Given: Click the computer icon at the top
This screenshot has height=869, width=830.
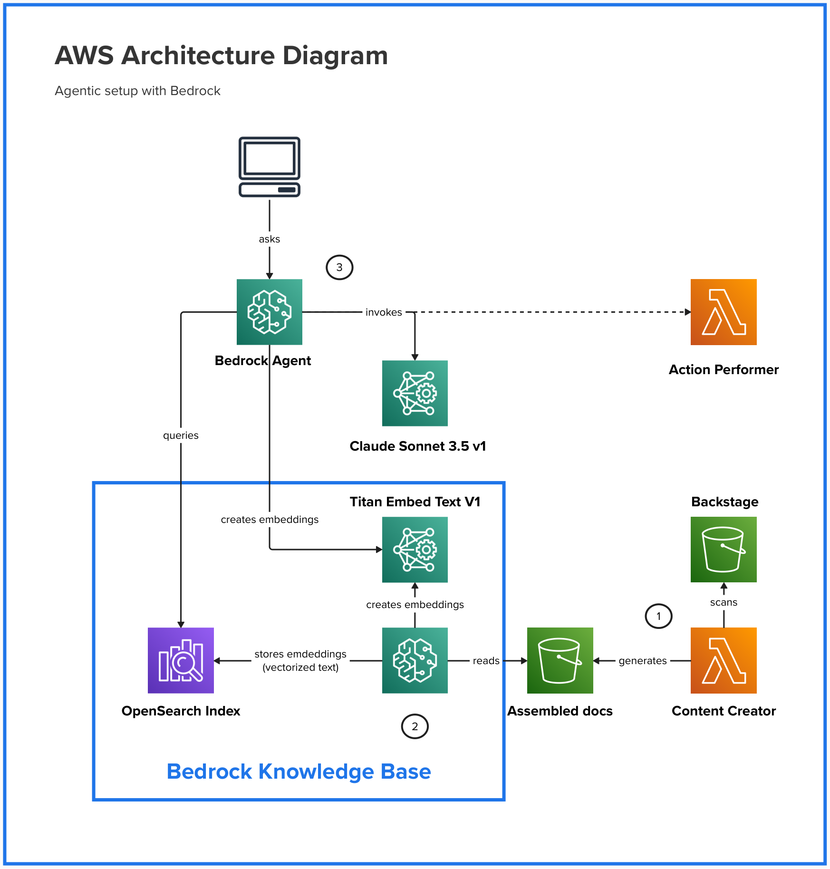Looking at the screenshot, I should (270, 167).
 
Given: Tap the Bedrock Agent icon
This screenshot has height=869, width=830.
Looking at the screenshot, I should (270, 312).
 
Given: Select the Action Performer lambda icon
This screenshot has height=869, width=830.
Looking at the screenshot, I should (724, 312).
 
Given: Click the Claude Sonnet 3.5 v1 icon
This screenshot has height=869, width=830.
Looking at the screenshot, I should (415, 393).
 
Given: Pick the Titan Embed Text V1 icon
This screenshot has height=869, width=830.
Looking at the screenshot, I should (415, 550).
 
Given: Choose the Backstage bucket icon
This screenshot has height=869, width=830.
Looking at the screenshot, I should (724, 550).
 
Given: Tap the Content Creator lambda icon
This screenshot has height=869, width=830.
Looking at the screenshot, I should (724, 660).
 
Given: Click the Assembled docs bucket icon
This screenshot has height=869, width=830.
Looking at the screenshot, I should (560, 660).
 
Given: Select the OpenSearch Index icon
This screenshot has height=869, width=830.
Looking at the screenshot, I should (181, 660).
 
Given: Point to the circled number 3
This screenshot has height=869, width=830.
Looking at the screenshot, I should (339, 268).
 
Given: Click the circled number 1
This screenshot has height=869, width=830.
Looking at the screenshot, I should (658, 616).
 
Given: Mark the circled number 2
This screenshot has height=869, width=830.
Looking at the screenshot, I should (415, 726).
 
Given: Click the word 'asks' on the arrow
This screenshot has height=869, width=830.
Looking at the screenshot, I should (270, 239).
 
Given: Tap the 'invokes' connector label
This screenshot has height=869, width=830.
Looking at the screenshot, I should (384, 312).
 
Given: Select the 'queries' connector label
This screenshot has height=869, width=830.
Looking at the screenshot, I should (181, 435).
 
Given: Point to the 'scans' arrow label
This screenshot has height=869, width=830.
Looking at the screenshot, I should (724, 602).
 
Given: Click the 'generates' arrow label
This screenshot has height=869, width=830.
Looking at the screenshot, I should (643, 661).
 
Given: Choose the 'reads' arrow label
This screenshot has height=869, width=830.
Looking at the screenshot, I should (486, 661).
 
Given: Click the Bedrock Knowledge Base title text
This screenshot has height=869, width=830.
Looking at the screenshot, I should (299, 772).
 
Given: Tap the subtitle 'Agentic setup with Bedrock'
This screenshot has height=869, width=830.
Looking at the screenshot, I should (137, 91).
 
